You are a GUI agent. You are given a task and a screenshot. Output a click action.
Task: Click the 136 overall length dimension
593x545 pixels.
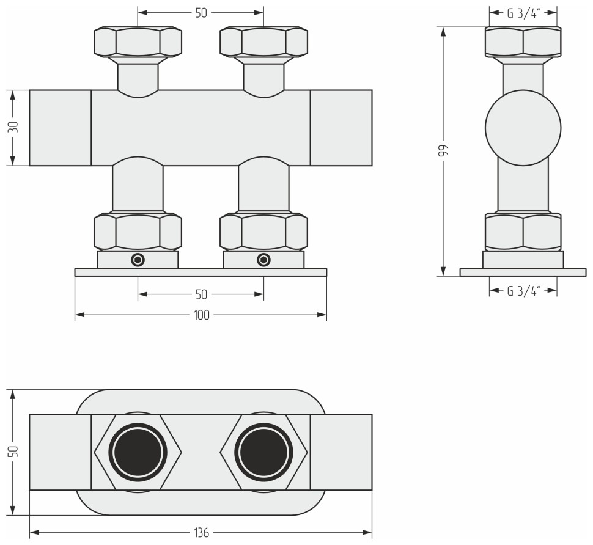pyautogui.click(x=201, y=533)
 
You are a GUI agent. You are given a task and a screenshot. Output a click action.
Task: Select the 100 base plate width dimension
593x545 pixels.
pyautogui.click(x=201, y=315)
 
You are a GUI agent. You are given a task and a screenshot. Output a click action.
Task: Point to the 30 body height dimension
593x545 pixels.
pyautogui.click(x=13, y=127)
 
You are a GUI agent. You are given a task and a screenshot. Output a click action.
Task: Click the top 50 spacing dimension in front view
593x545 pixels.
pyautogui.click(x=201, y=12)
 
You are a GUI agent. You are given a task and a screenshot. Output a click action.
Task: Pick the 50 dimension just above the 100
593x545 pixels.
pyautogui.click(x=201, y=294)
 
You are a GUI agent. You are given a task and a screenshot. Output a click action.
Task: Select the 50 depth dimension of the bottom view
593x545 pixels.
pyautogui.click(x=13, y=452)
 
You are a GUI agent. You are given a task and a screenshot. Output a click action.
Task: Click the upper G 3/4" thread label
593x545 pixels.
pyautogui.click(x=523, y=12)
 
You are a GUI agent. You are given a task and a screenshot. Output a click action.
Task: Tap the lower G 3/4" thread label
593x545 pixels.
pyautogui.click(x=523, y=291)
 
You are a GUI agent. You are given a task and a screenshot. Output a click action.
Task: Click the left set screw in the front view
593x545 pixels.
pyautogui.click(x=138, y=260)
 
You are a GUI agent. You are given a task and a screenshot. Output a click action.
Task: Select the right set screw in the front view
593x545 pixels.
pyautogui.click(x=263, y=260)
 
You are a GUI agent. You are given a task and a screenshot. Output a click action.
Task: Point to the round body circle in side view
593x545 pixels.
pyautogui.click(x=523, y=128)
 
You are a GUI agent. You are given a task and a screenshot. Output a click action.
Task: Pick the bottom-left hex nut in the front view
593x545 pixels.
pyautogui.click(x=138, y=232)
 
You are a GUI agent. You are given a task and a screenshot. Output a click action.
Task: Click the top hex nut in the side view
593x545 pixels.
pyautogui.click(x=523, y=42)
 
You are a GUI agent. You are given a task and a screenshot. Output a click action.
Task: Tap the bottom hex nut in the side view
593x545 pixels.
pyautogui.click(x=523, y=232)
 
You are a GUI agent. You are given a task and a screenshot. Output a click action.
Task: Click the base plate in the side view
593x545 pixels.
pyautogui.click(x=523, y=272)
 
